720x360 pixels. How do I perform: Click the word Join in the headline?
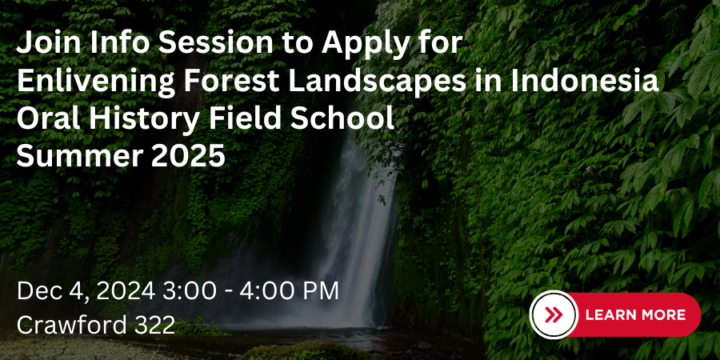[x=48, y=43]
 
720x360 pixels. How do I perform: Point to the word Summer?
[x=80, y=156]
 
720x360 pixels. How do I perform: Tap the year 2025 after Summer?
[x=188, y=156]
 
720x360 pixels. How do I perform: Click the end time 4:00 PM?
[x=289, y=291]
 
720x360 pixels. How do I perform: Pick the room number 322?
[x=154, y=325]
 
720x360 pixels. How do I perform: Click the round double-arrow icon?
[x=554, y=315]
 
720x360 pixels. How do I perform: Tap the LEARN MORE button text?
[x=635, y=315]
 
